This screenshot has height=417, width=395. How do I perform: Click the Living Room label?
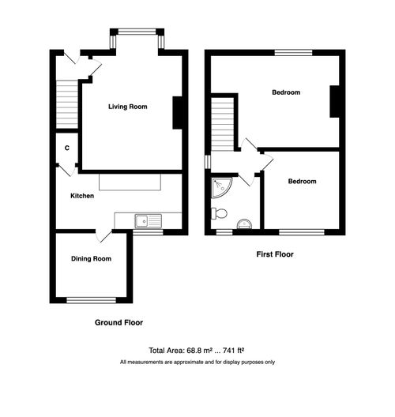(x=128, y=107)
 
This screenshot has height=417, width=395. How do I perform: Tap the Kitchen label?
(x=82, y=196)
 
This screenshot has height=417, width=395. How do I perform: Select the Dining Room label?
(x=91, y=258)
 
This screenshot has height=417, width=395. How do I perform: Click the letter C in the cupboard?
(x=67, y=147)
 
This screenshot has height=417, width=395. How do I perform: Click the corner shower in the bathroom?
(x=220, y=188)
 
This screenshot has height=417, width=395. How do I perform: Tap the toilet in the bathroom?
(x=220, y=213)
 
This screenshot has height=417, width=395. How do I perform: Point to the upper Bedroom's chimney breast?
(x=335, y=100)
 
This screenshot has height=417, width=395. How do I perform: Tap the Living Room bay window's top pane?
(x=137, y=33)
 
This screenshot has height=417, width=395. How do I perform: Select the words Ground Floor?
(x=118, y=322)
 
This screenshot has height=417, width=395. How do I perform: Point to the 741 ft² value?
(x=233, y=351)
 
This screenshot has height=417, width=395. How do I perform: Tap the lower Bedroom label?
(x=302, y=182)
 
